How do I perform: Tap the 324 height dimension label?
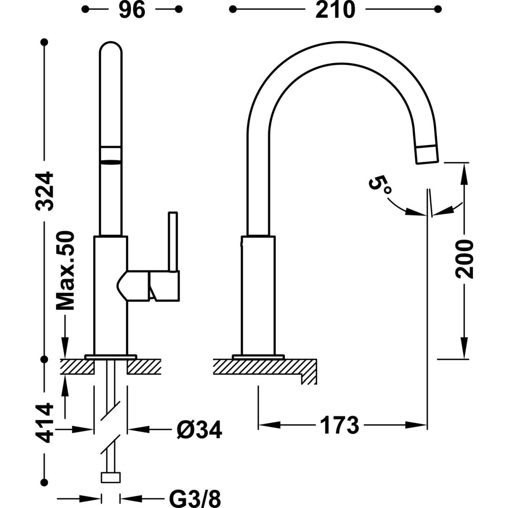point(44,191)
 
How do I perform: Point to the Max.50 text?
point(66,271)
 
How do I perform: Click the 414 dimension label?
point(44,423)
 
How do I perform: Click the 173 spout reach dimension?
point(339,425)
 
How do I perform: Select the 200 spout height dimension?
point(464,259)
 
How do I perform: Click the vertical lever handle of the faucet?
point(173,242)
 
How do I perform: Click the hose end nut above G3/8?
point(111,478)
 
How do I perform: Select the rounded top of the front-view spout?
point(111,49)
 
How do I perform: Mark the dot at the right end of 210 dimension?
point(438,9)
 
